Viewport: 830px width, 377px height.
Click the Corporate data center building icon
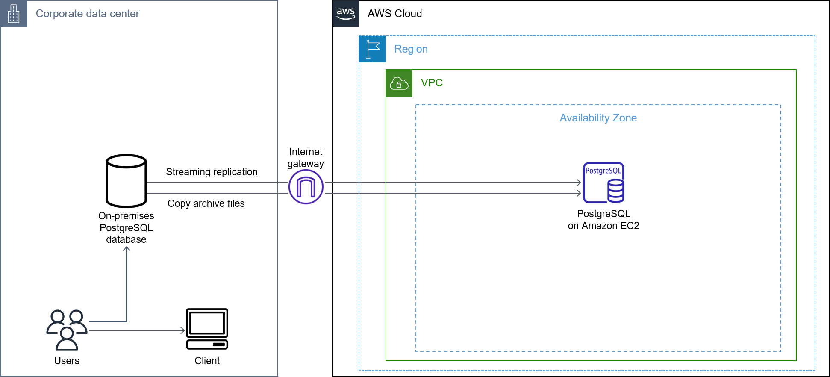click(x=14, y=14)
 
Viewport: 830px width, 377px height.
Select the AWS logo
click(x=345, y=14)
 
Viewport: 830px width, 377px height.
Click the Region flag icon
click(x=372, y=49)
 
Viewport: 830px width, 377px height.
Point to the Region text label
click(x=411, y=49)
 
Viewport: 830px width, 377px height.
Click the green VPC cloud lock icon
click(x=399, y=83)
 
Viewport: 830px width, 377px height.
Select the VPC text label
click(x=432, y=83)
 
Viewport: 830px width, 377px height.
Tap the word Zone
click(x=624, y=118)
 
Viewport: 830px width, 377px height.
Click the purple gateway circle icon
click(x=306, y=187)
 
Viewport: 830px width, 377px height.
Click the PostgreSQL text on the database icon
click(x=603, y=171)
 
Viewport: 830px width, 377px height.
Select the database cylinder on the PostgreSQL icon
click(x=616, y=191)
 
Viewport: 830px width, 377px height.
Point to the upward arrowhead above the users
click(x=127, y=248)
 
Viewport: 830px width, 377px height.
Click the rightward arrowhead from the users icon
click(x=183, y=330)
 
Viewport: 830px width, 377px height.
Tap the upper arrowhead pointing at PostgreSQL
click(x=580, y=183)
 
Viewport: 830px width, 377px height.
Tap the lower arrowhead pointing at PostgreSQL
click(x=580, y=193)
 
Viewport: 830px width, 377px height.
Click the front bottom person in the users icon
click(x=67, y=339)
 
